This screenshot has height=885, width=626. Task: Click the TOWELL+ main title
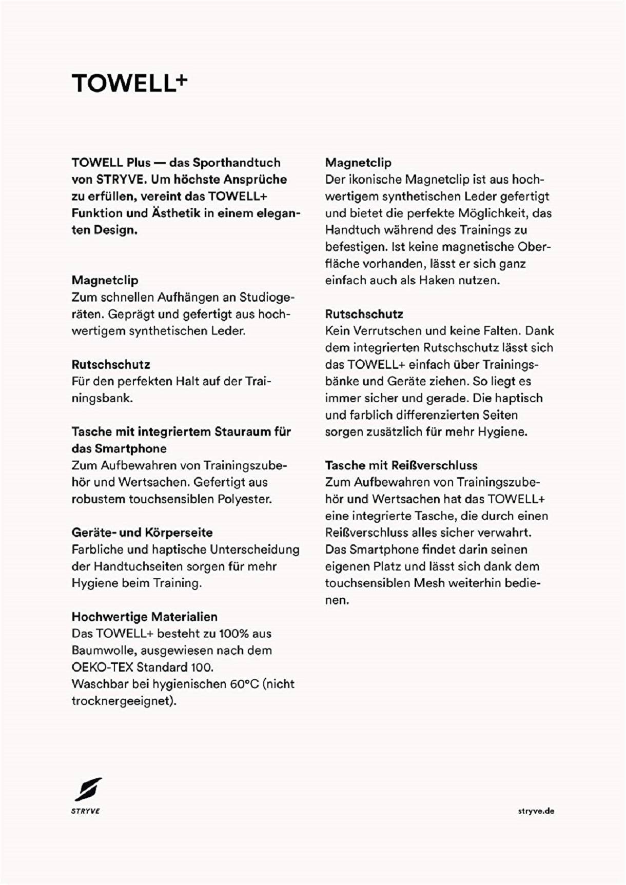pos(129,83)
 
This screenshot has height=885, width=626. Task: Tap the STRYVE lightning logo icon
pos(88,790)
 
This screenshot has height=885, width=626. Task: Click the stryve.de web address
pos(536,811)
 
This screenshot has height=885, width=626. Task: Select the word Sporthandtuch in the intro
pos(237,163)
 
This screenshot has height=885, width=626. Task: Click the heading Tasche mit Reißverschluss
pos(401,465)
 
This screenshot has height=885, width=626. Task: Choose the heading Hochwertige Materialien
pos(144,617)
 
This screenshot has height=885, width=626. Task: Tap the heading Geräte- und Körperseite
pos(142,533)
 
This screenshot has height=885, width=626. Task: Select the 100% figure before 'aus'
pos(234,634)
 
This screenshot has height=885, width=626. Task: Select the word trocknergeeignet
pos(123,701)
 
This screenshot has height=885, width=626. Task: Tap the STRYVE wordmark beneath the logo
pos(86,811)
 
